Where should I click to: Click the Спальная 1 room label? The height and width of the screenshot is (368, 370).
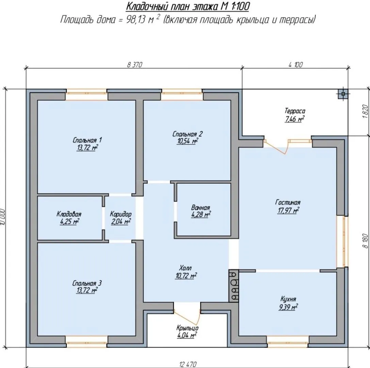[87, 140]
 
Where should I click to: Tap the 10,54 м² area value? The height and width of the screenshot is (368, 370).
[187, 141]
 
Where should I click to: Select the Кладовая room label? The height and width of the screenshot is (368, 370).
[69, 214]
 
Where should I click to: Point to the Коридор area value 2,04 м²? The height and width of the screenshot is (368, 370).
[120, 222]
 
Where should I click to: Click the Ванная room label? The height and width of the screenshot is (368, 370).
[200, 208]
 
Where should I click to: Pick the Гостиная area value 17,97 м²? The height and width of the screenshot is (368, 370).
[288, 210]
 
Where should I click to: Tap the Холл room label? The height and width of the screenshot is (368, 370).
[186, 268]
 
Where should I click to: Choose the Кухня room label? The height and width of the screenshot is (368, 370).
[288, 299]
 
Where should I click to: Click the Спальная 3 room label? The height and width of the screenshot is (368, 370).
[87, 283]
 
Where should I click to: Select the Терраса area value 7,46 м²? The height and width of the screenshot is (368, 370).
[294, 119]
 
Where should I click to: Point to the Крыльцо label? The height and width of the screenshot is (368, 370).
[187, 328]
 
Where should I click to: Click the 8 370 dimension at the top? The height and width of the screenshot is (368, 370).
[134, 64]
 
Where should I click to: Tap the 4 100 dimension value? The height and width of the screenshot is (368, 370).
[295, 64]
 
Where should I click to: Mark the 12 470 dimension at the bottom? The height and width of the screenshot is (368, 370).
[188, 365]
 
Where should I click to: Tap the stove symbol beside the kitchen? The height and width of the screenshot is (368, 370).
[234, 286]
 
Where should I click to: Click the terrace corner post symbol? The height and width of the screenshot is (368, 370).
[343, 94]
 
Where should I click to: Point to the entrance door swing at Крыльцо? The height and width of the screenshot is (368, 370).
[187, 315]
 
